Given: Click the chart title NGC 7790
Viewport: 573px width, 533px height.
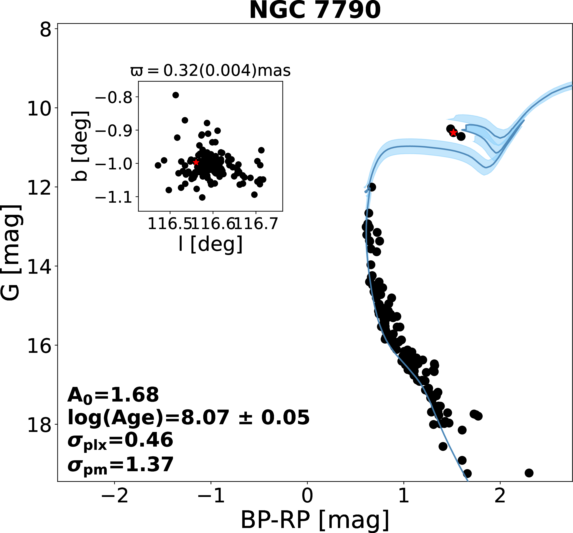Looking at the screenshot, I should coord(315,10).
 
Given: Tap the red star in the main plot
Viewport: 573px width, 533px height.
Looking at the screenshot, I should coord(453,133).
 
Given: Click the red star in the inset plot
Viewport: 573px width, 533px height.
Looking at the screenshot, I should coord(196,162).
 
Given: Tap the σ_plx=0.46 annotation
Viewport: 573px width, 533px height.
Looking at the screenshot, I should coord(120,440).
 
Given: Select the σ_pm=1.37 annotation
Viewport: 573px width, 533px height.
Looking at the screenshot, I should coord(120,465).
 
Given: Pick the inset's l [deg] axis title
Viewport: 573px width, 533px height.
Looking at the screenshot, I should coord(210,244).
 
